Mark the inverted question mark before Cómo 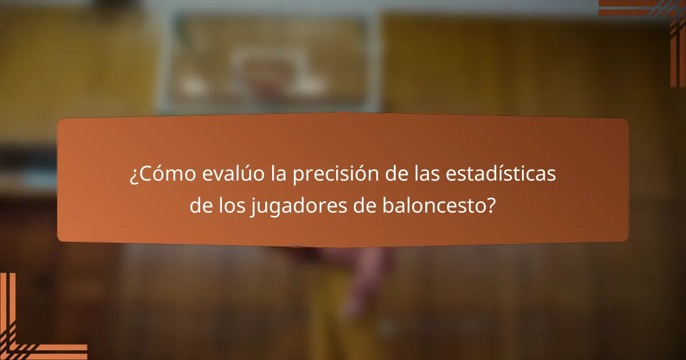coord(133,177)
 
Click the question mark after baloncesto coord(491,206)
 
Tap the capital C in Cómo coord(144,175)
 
